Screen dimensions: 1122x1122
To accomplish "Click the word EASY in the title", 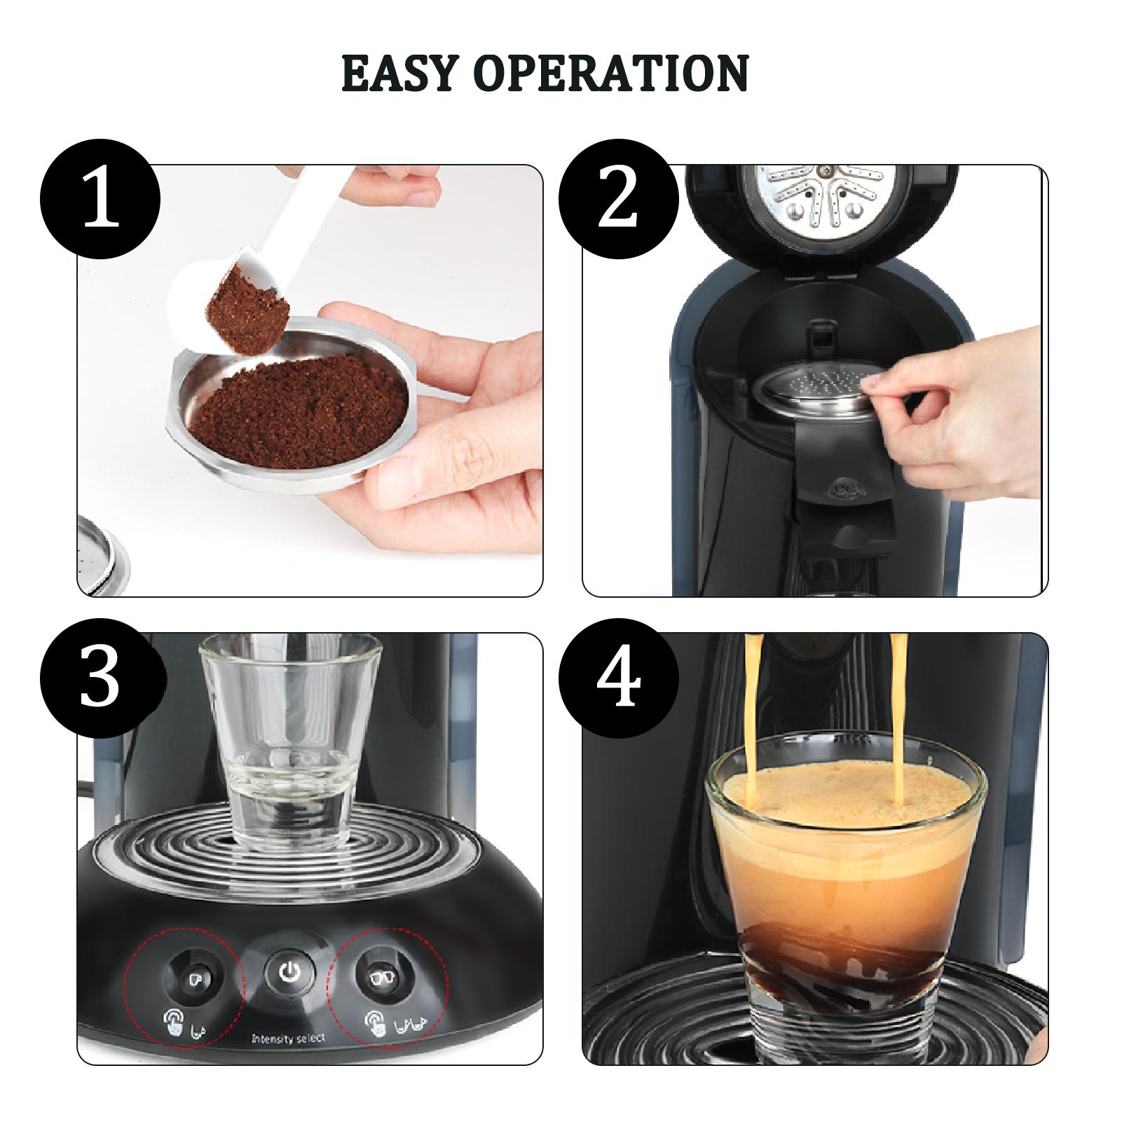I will tap(399, 73).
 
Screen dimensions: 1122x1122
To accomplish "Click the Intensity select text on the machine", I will tap(289, 1039).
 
